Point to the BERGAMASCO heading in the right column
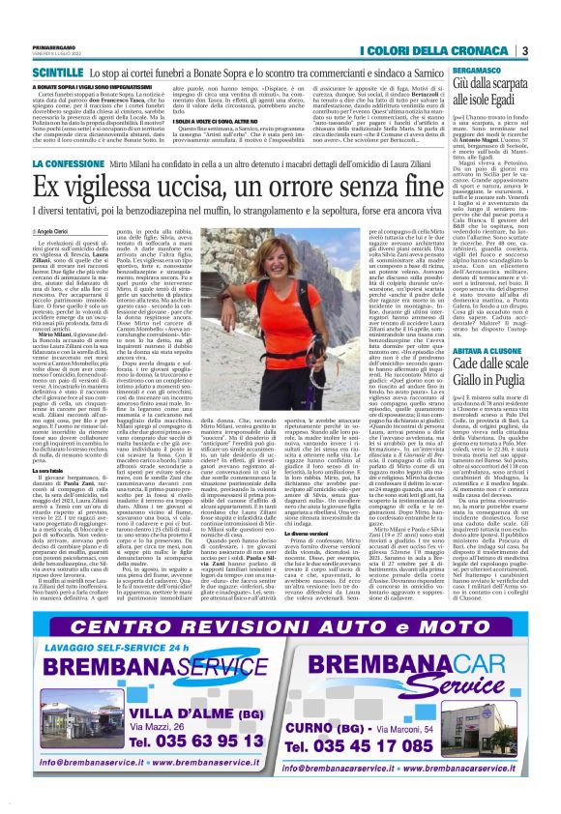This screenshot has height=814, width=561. click(468, 72)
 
